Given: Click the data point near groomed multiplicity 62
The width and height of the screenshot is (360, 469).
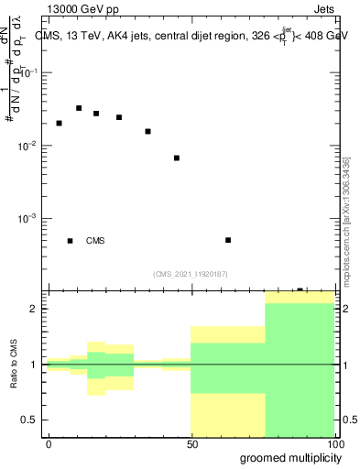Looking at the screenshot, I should click(228, 240).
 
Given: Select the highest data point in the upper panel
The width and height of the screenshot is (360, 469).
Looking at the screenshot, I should click(79, 108).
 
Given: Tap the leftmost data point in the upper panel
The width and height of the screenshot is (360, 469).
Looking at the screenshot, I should click(59, 123).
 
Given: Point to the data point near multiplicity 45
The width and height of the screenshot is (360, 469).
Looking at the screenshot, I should click(177, 158).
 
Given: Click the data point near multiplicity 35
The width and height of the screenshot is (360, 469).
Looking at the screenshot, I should click(147, 131).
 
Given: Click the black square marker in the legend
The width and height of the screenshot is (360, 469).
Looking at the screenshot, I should click(70, 241).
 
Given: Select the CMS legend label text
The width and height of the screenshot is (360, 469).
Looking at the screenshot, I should click(95, 241).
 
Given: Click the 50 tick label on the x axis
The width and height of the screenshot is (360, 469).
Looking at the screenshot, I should click(192, 442).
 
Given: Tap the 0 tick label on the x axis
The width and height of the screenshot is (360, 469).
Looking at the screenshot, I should click(49, 442).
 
